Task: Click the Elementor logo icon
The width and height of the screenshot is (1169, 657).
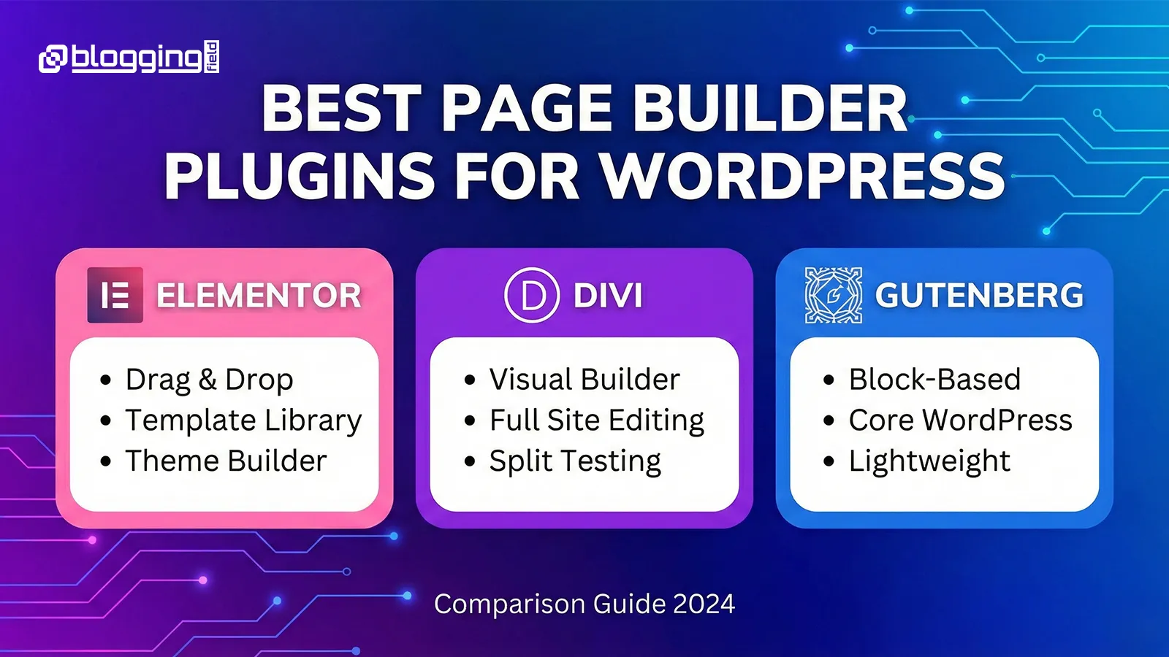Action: click(x=115, y=295)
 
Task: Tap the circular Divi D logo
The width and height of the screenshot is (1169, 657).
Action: click(x=532, y=295)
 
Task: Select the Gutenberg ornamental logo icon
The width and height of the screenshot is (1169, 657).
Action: click(x=834, y=295)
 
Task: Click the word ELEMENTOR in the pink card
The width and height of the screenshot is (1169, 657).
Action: click(x=259, y=295)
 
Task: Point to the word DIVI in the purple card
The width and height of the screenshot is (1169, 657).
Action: click(x=608, y=296)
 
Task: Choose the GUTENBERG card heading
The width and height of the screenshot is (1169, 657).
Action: click(x=979, y=295)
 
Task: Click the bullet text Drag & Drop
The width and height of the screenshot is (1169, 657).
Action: click(x=209, y=380)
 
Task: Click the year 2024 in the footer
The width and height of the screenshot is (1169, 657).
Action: click(x=704, y=604)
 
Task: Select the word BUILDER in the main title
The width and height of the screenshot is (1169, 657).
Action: click(x=770, y=109)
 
